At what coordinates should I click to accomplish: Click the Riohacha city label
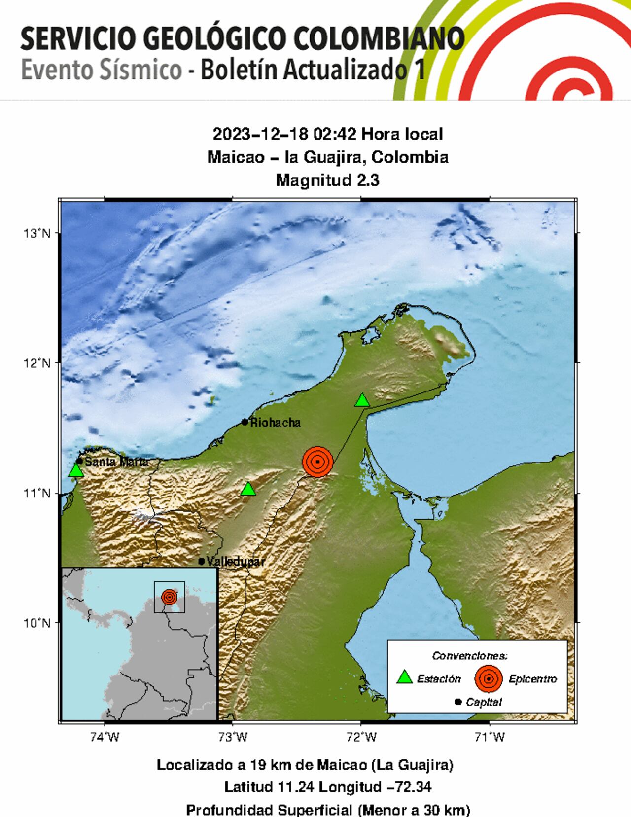275,423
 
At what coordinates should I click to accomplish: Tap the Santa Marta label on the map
116,462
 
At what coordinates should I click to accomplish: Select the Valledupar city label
236,561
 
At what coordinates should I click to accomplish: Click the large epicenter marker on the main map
317,462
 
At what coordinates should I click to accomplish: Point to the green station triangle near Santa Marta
76,470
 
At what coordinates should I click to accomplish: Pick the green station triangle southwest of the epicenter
248,489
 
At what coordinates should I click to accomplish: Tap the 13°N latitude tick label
37,233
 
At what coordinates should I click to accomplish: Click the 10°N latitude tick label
37,623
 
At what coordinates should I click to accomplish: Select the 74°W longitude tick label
105,737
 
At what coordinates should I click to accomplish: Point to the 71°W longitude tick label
490,737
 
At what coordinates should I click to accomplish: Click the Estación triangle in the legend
405,677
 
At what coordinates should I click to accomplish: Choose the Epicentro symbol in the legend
489,678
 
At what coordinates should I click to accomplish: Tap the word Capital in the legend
484,702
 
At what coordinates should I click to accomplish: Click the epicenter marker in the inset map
169,597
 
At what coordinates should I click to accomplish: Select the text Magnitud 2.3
328,180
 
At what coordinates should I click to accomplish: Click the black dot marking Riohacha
245,422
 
